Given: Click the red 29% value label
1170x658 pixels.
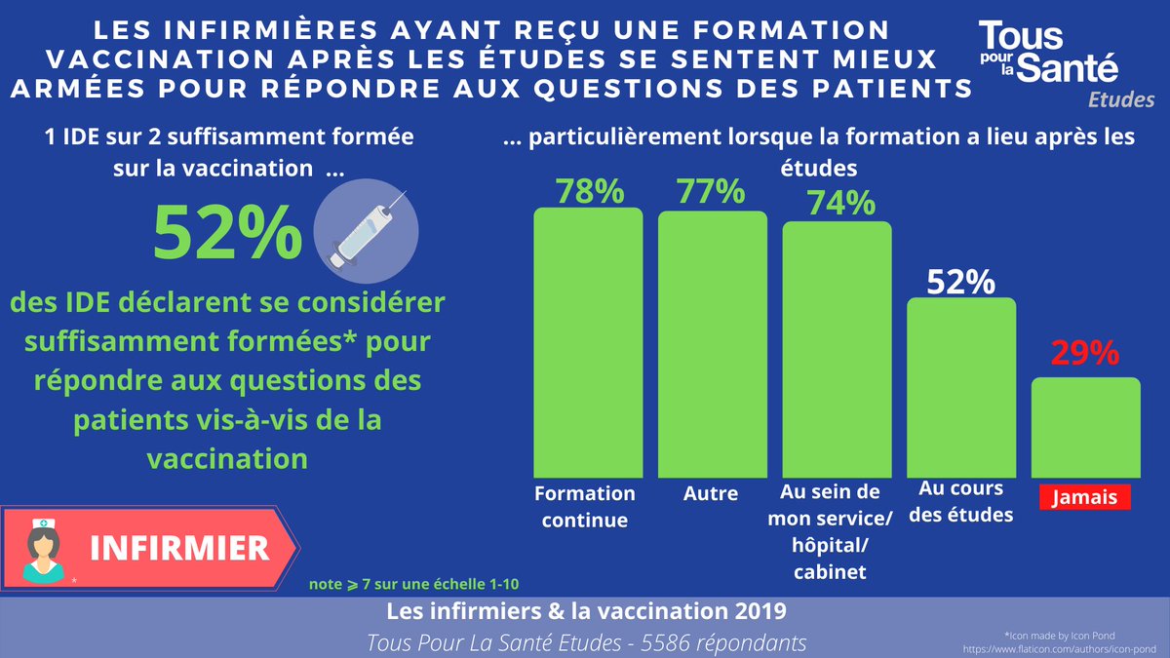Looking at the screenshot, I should pos(1085,353).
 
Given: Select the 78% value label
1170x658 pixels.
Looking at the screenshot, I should pos(589,191).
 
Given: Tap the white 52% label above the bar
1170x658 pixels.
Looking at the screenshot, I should pos(960,283).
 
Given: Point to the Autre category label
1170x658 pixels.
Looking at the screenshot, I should pos(711,493).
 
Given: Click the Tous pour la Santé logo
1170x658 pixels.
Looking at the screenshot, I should pos(1049,55).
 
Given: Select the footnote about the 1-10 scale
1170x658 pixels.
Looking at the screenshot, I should pos(413,584).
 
